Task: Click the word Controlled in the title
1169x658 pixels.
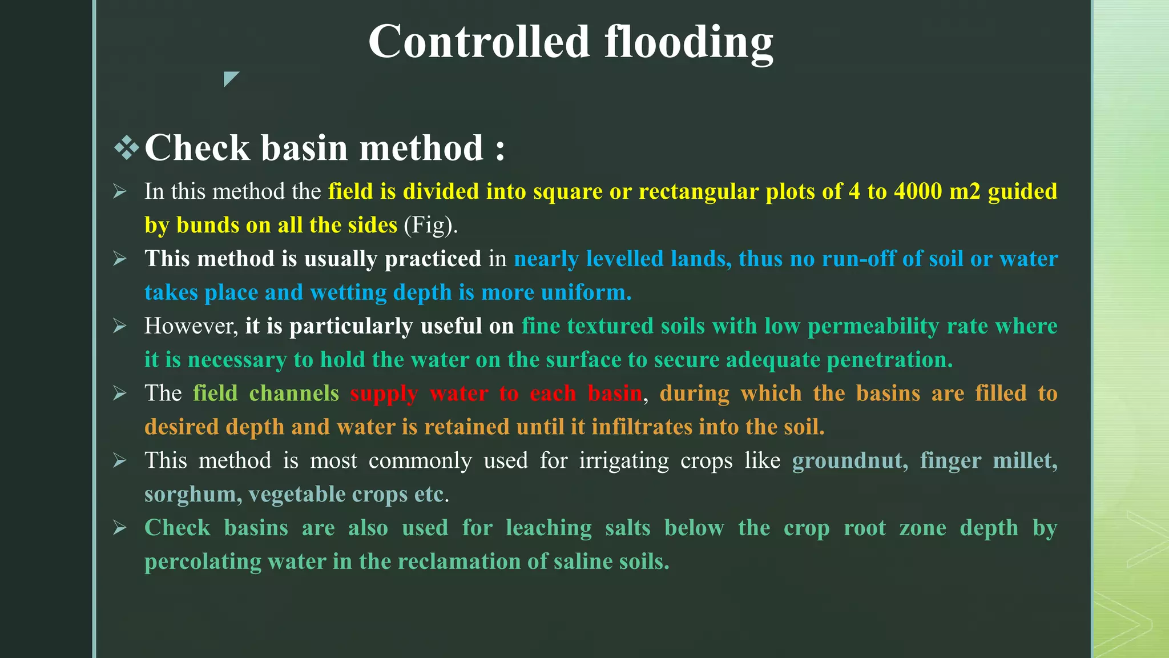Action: tap(478, 42)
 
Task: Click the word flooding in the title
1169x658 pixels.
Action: tap(688, 43)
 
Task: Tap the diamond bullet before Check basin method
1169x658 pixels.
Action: tap(126, 148)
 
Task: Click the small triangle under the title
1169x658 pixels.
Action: tap(230, 78)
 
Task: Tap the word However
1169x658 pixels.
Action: tap(191, 326)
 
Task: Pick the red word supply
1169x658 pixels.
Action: tap(384, 394)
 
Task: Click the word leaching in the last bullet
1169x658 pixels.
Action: tap(549, 528)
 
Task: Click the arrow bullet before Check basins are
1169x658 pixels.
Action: tap(119, 528)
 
